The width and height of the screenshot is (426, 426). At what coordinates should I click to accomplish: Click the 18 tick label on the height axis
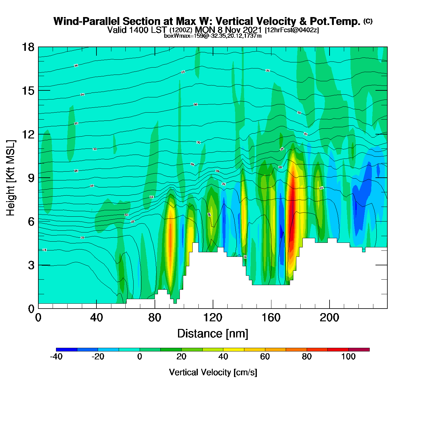click(28, 47)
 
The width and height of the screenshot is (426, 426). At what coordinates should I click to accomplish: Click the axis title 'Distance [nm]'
click(213, 334)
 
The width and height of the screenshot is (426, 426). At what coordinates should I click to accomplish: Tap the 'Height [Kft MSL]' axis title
click(11, 178)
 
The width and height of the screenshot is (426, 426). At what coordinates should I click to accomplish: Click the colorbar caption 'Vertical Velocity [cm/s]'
click(213, 372)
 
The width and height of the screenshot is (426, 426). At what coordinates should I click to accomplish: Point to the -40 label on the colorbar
click(56, 357)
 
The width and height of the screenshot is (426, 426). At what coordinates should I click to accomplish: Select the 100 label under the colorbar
click(348, 357)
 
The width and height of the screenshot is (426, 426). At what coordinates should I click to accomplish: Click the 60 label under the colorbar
click(265, 357)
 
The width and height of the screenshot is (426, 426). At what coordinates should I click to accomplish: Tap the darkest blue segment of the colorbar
click(67, 350)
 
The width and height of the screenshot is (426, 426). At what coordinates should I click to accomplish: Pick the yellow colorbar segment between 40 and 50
click(234, 350)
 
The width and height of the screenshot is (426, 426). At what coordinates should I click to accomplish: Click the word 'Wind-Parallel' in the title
click(86, 22)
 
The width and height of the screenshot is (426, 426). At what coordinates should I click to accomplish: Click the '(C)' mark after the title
click(368, 21)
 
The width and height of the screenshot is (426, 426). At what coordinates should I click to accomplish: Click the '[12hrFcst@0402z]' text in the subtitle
click(292, 30)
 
